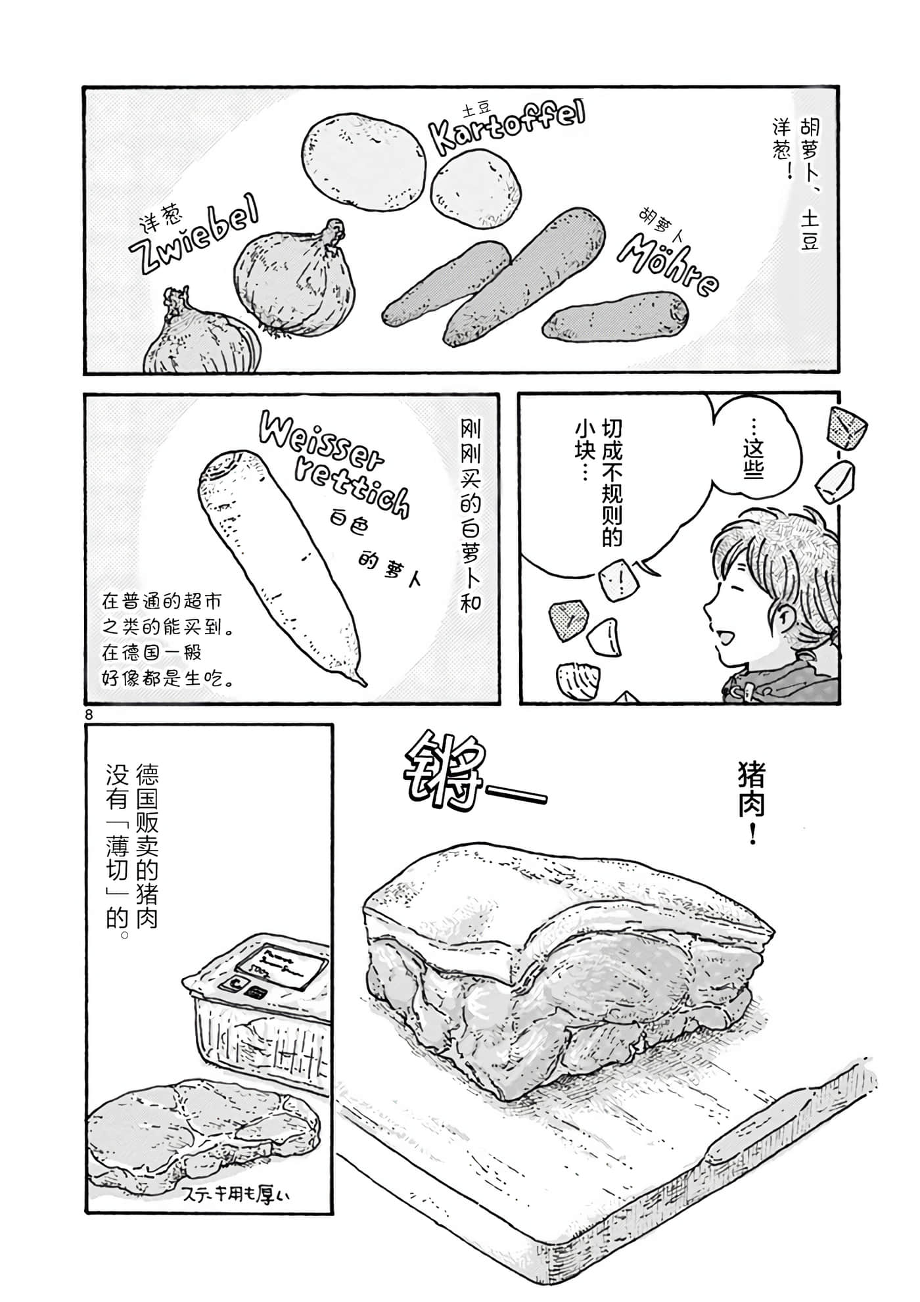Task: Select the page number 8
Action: tap(89, 713)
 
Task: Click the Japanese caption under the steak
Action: tap(233, 1193)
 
